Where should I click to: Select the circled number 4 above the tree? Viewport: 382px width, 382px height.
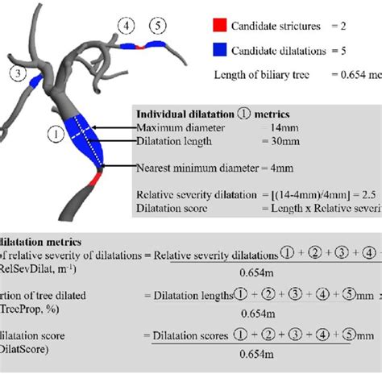(127, 26)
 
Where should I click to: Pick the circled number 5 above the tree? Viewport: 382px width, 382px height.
(157, 26)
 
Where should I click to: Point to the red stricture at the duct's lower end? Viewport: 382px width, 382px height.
(93, 180)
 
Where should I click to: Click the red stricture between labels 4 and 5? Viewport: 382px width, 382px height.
(142, 48)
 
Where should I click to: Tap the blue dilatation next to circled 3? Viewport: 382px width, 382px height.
(36, 82)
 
